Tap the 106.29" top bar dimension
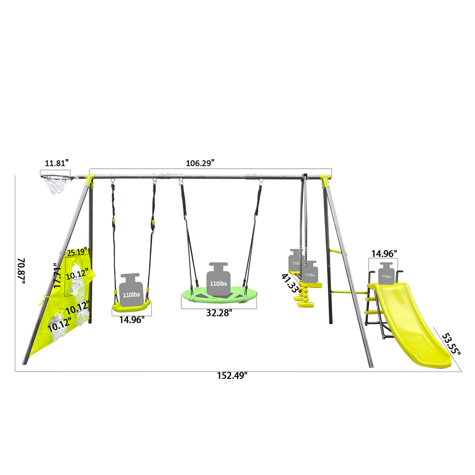click(x=200, y=163)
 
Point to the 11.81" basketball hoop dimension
click(x=57, y=163)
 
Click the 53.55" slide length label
click(x=450, y=344)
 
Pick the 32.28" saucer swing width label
click(x=219, y=313)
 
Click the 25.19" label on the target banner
click(x=77, y=253)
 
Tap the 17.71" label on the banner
click(x=58, y=276)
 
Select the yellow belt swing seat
click(x=132, y=306)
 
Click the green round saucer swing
click(x=218, y=297)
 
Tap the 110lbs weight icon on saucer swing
click(x=218, y=279)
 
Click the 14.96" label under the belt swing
click(x=132, y=319)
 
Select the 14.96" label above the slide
click(x=384, y=254)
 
